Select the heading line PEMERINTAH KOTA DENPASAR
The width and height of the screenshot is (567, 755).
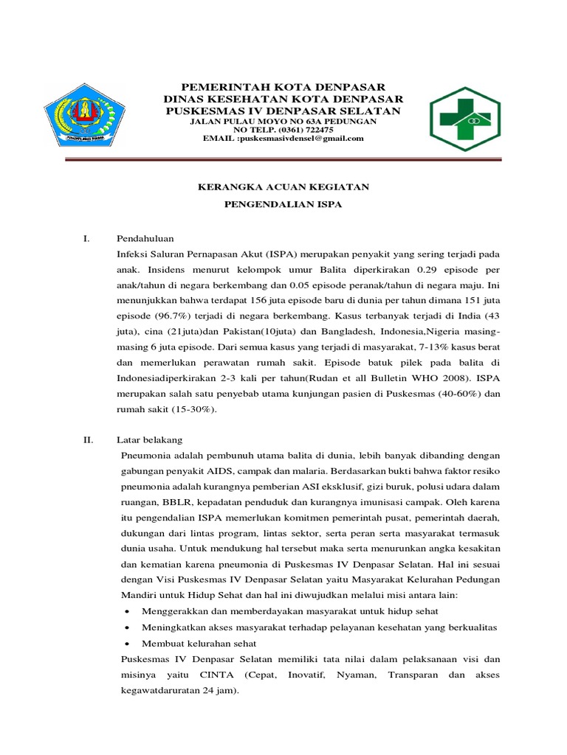pos(283,88)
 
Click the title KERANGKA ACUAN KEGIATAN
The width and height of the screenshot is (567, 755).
pos(283,187)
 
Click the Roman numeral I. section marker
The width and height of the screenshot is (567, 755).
pos(86,239)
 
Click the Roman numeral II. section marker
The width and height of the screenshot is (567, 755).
pos(88,439)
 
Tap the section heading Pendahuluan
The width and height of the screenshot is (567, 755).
pos(145,239)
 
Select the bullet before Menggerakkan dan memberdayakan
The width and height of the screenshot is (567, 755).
pos(130,611)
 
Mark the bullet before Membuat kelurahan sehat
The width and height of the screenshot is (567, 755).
pos(130,643)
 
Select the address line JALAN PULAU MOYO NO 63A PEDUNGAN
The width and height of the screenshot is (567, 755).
pos(283,120)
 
